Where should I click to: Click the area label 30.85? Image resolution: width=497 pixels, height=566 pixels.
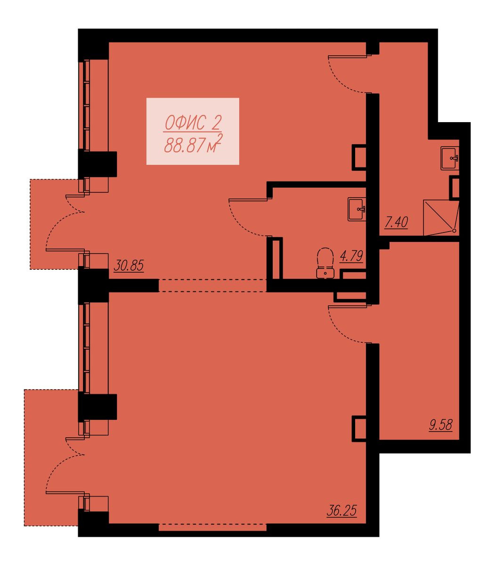pyautogui.click(x=129, y=266)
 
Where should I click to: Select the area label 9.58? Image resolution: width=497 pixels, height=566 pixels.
pyautogui.click(x=440, y=425)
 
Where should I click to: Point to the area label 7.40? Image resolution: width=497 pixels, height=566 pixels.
pyautogui.click(x=396, y=222)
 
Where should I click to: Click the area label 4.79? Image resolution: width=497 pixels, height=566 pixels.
pyautogui.click(x=351, y=256)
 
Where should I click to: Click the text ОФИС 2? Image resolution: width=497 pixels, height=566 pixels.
pyautogui.click(x=193, y=123)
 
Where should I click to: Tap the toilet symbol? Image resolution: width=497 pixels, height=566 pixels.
pyautogui.click(x=326, y=263)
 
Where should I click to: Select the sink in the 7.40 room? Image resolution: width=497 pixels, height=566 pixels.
pyautogui.click(x=450, y=158)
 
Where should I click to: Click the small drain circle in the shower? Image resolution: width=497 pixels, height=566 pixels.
pyautogui.click(x=454, y=231)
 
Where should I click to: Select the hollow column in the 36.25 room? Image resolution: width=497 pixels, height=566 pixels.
pyautogui.click(x=359, y=428)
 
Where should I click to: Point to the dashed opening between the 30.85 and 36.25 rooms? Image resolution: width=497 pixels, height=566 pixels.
pyautogui.click(x=212, y=285)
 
